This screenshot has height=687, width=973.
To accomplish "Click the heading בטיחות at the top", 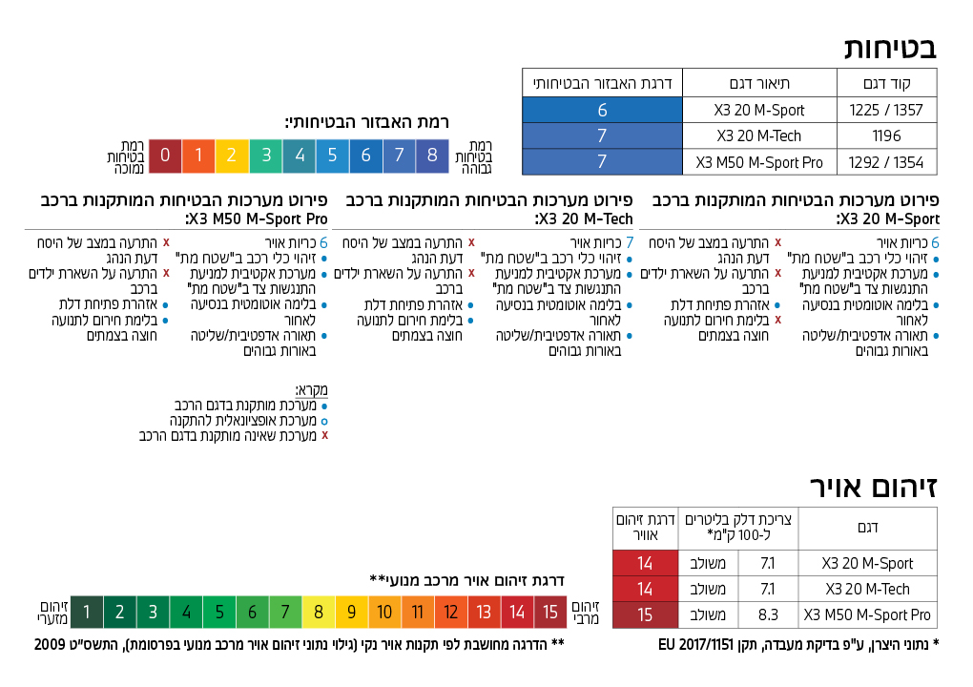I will (x=890, y=47).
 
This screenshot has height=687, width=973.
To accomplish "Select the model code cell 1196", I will (x=886, y=136).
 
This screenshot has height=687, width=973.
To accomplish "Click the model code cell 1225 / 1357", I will (x=886, y=110).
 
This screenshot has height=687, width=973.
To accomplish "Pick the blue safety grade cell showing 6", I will (x=602, y=110).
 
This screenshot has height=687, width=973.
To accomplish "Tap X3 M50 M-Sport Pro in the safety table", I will (x=759, y=162).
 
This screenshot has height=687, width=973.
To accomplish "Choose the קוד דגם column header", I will (x=886, y=83).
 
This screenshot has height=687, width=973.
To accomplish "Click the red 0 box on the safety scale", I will (x=165, y=156).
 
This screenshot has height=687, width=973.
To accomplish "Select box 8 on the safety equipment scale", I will (x=432, y=156).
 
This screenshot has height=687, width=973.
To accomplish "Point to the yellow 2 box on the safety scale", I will (x=232, y=156).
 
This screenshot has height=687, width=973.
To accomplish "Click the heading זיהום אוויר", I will (x=874, y=487).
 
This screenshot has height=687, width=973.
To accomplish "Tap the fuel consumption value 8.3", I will (x=768, y=614).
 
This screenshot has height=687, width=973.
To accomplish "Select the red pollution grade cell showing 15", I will (x=645, y=614).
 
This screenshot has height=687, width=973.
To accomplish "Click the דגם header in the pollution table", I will (x=868, y=528).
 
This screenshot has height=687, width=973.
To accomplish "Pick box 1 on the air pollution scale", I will (x=87, y=612).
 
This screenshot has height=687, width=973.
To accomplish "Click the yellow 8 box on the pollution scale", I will (x=319, y=612).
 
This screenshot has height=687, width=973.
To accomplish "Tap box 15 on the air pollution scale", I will (x=550, y=612).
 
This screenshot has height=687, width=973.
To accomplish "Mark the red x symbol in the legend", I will (x=324, y=435).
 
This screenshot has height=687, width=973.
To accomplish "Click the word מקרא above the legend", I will (x=311, y=390).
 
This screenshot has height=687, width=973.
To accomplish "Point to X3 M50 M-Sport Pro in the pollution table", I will (x=867, y=614).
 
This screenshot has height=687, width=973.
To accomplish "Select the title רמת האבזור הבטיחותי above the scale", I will (x=366, y=122).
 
